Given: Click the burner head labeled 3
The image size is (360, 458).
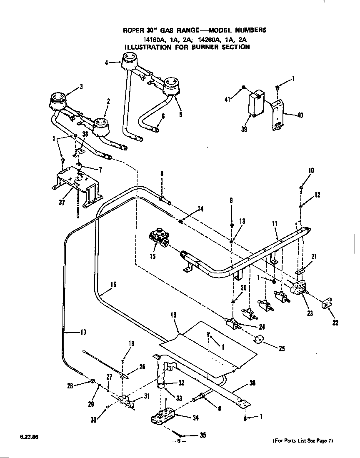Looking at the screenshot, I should click(x=57, y=100).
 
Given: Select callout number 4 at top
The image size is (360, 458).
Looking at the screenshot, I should click(x=107, y=63).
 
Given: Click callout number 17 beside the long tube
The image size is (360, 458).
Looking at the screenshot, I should click(x=83, y=332).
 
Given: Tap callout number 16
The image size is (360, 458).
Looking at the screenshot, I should click(x=113, y=285).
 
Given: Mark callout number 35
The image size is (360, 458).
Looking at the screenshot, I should click(x=202, y=435).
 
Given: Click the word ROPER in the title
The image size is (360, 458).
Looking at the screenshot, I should click(x=132, y=30).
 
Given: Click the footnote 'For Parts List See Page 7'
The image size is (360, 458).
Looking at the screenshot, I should click(x=303, y=440).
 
